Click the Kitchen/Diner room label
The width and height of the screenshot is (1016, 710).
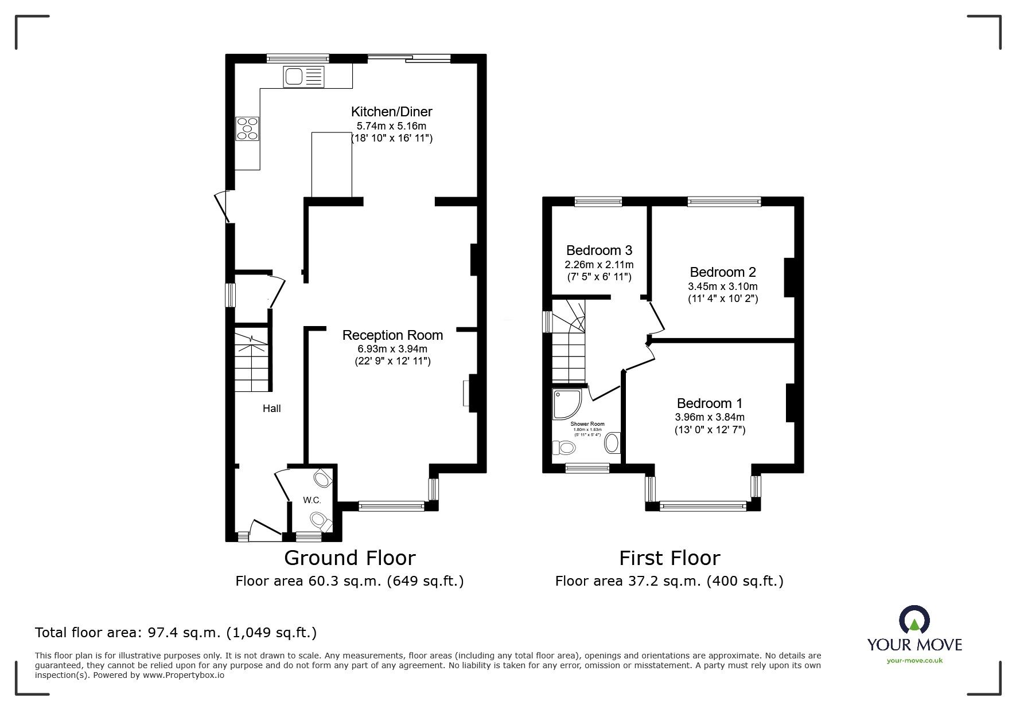391,112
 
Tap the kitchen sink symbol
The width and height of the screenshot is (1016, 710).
303,77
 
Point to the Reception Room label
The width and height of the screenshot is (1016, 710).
392,335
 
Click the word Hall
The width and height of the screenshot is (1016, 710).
271,409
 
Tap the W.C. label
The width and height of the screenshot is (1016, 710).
312,500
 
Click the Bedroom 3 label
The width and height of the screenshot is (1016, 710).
599,250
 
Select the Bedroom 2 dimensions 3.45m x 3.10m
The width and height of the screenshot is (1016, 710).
723,287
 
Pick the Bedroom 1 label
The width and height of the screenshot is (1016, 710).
710,403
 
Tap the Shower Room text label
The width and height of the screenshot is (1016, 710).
587,425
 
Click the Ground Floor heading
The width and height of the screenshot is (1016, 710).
349,558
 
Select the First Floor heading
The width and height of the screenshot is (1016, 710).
669,558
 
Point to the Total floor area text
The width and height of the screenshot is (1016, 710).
176,633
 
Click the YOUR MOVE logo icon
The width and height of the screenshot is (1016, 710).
913,621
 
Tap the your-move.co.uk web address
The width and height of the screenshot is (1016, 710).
914,661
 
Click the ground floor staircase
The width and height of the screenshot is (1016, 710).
252,361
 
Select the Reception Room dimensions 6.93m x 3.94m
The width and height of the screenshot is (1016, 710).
392,349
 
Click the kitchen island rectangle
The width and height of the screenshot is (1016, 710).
331,164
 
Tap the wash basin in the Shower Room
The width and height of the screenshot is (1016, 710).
612,443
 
